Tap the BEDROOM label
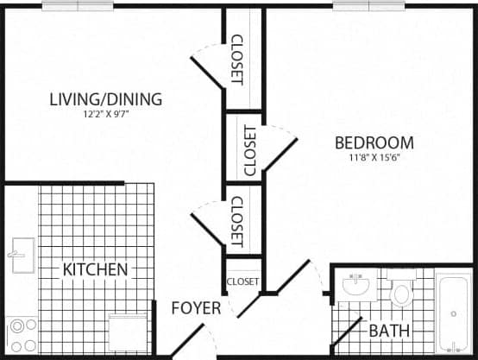click(x=374, y=143)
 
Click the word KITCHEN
click(x=95, y=270)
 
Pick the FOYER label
click(x=196, y=308)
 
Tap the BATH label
click(x=388, y=331)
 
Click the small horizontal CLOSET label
click(x=242, y=281)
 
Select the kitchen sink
click(x=21, y=255)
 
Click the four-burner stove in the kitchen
click(x=22, y=332)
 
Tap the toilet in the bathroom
click(x=401, y=289)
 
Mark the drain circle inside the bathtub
click(x=453, y=313)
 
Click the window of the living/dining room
click(x=78, y=5)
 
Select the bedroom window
click(x=369, y=5)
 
